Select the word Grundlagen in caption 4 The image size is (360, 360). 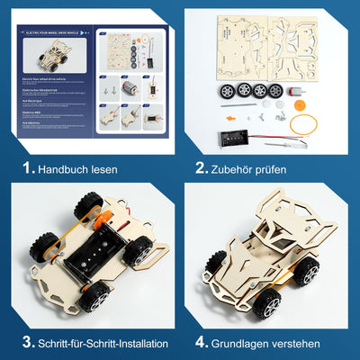[x=253, y=343]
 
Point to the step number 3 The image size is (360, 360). [x=27, y=342]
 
